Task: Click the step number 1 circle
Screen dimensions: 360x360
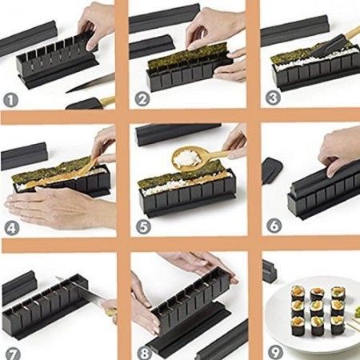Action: (10, 101)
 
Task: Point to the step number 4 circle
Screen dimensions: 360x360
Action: (10, 226)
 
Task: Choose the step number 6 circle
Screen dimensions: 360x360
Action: (271, 226)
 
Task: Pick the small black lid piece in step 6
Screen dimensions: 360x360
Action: (272, 170)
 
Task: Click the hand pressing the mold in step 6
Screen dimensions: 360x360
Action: (340, 148)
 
